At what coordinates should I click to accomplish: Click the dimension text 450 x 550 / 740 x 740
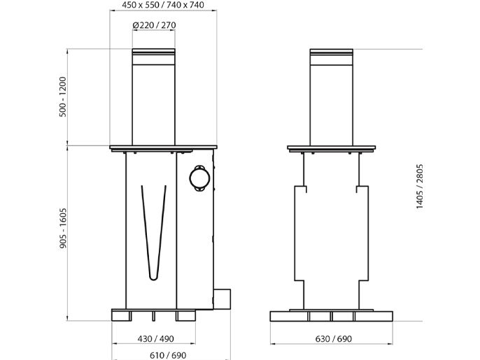pos(163,5)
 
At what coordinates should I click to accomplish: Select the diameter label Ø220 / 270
pos(154,25)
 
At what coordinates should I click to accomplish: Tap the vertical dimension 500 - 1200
pos(63,96)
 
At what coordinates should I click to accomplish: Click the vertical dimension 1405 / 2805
pos(419,187)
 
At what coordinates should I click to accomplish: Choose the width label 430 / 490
pos(155,339)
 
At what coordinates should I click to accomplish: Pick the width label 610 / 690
pos(168,355)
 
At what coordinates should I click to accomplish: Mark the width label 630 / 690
pos(334,339)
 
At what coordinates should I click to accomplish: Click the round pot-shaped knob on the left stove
pos(199,178)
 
